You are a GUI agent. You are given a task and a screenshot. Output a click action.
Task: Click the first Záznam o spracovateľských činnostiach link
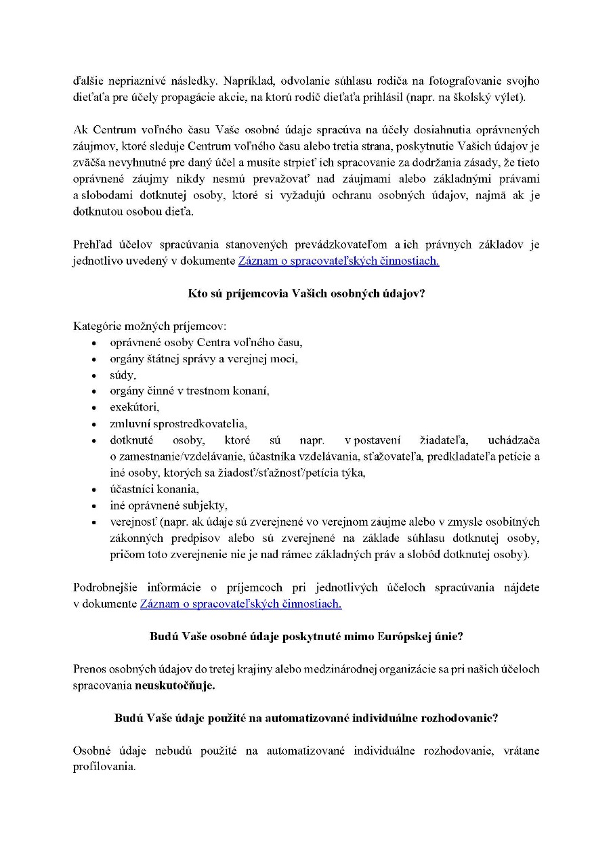(x=338, y=261)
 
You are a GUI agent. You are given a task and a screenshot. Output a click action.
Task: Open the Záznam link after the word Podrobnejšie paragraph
(x=240, y=604)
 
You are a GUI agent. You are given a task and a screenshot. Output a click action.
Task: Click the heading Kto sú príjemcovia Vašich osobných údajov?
(x=306, y=294)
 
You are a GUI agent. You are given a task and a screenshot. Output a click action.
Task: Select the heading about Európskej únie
(x=306, y=637)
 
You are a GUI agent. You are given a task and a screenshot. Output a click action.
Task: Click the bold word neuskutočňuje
(x=175, y=685)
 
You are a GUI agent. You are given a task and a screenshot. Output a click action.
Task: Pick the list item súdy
(x=123, y=375)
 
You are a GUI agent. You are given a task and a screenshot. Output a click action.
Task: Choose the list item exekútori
(x=134, y=408)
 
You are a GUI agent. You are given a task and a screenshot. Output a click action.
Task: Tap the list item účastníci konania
(x=154, y=489)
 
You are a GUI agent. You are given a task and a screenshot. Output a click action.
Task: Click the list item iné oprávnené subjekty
(x=169, y=505)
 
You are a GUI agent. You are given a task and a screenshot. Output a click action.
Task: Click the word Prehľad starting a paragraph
(x=93, y=245)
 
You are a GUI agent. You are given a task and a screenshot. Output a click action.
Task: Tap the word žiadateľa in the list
(x=425, y=440)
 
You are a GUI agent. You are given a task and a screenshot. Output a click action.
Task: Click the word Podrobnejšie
(x=106, y=588)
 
